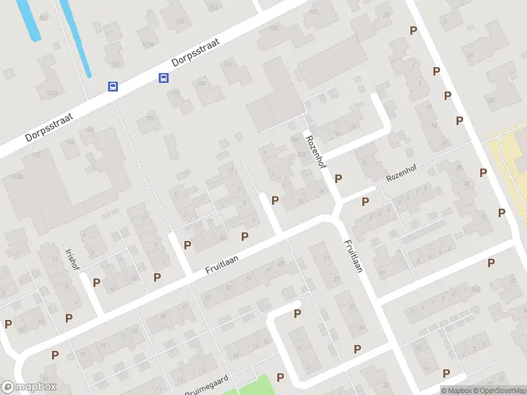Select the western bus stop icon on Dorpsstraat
pyautogui.click(x=113, y=86)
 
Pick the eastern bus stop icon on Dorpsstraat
pyautogui.click(x=163, y=78)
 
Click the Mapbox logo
pyautogui.click(x=28, y=387)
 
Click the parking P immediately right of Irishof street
pyautogui.click(x=97, y=282)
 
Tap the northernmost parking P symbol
pyautogui.click(x=414, y=30)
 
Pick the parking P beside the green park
pyautogui.click(x=281, y=377)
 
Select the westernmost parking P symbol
pyautogui.click(x=8, y=324)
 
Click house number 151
pyautogui.click(x=180, y=22)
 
